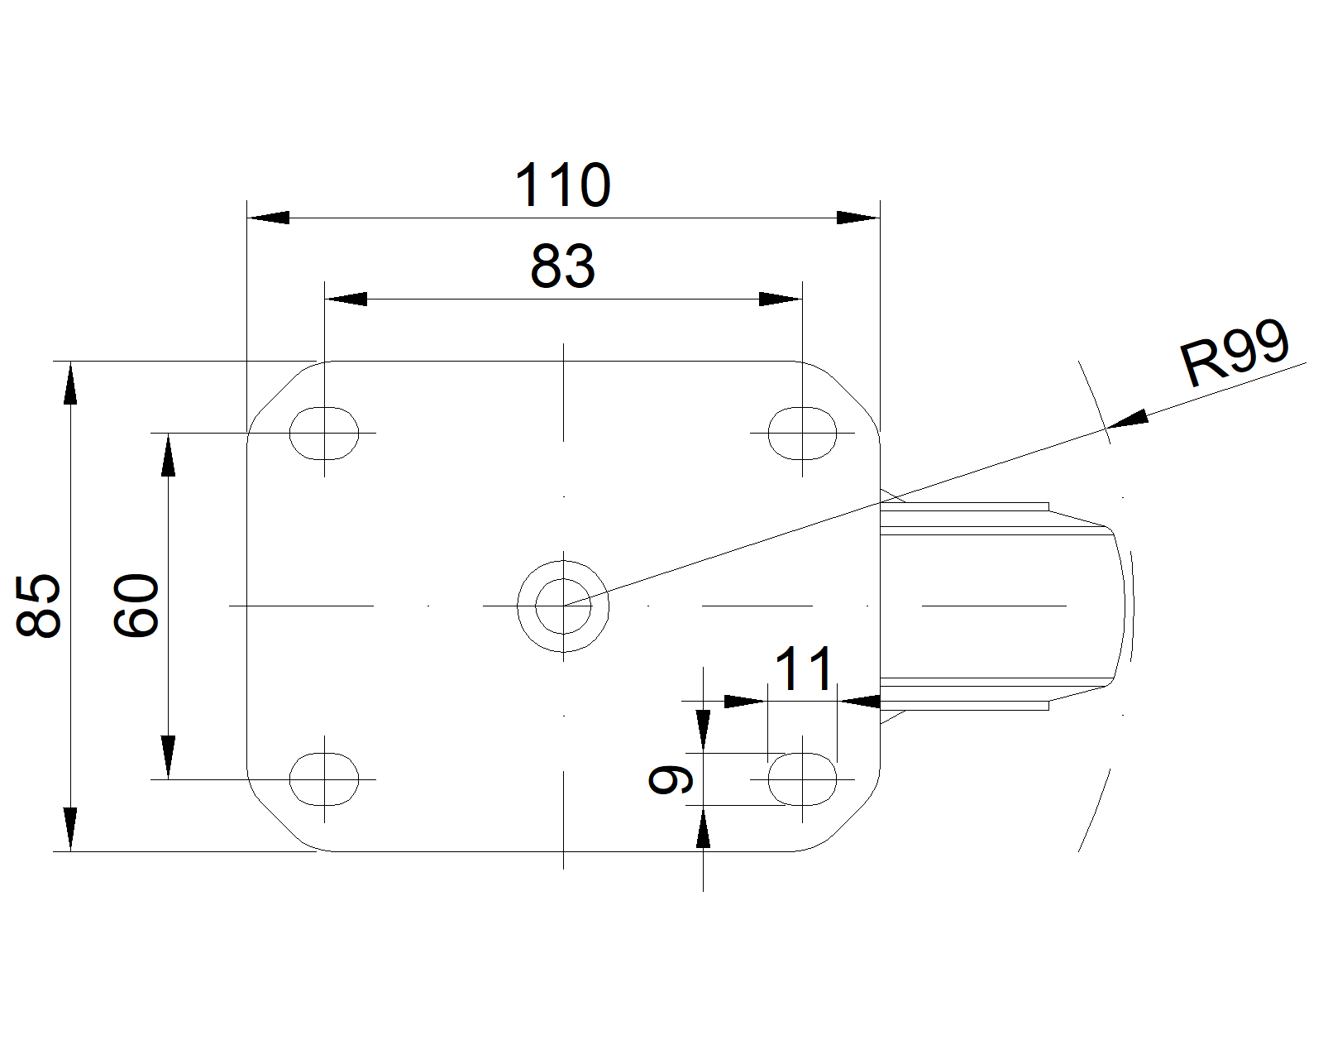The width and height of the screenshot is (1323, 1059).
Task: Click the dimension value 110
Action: [562, 184]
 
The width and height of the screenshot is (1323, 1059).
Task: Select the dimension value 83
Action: [562, 266]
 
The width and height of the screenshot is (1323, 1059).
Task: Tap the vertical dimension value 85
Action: [38, 606]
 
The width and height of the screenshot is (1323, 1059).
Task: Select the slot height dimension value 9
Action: [671, 779]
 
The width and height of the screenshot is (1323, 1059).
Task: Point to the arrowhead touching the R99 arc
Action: [1128, 419]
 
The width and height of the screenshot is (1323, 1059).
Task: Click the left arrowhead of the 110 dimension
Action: [268, 218]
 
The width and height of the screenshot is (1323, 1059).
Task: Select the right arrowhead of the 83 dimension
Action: [780, 299]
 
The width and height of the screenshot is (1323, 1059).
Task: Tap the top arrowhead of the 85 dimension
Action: [71, 383]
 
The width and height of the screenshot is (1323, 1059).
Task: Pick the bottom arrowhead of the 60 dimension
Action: [168, 757]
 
